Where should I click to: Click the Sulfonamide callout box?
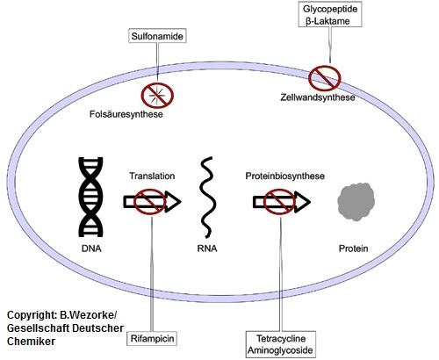(x=155, y=39)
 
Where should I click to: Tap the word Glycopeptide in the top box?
(x=328, y=8)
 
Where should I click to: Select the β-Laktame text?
(x=328, y=21)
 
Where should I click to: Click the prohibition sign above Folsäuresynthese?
(x=158, y=94)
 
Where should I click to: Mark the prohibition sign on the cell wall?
(x=324, y=77)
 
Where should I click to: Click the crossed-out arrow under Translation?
(x=151, y=203)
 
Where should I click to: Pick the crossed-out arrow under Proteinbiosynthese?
(x=279, y=203)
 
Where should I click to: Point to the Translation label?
(x=151, y=176)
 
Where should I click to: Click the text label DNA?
(x=90, y=248)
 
